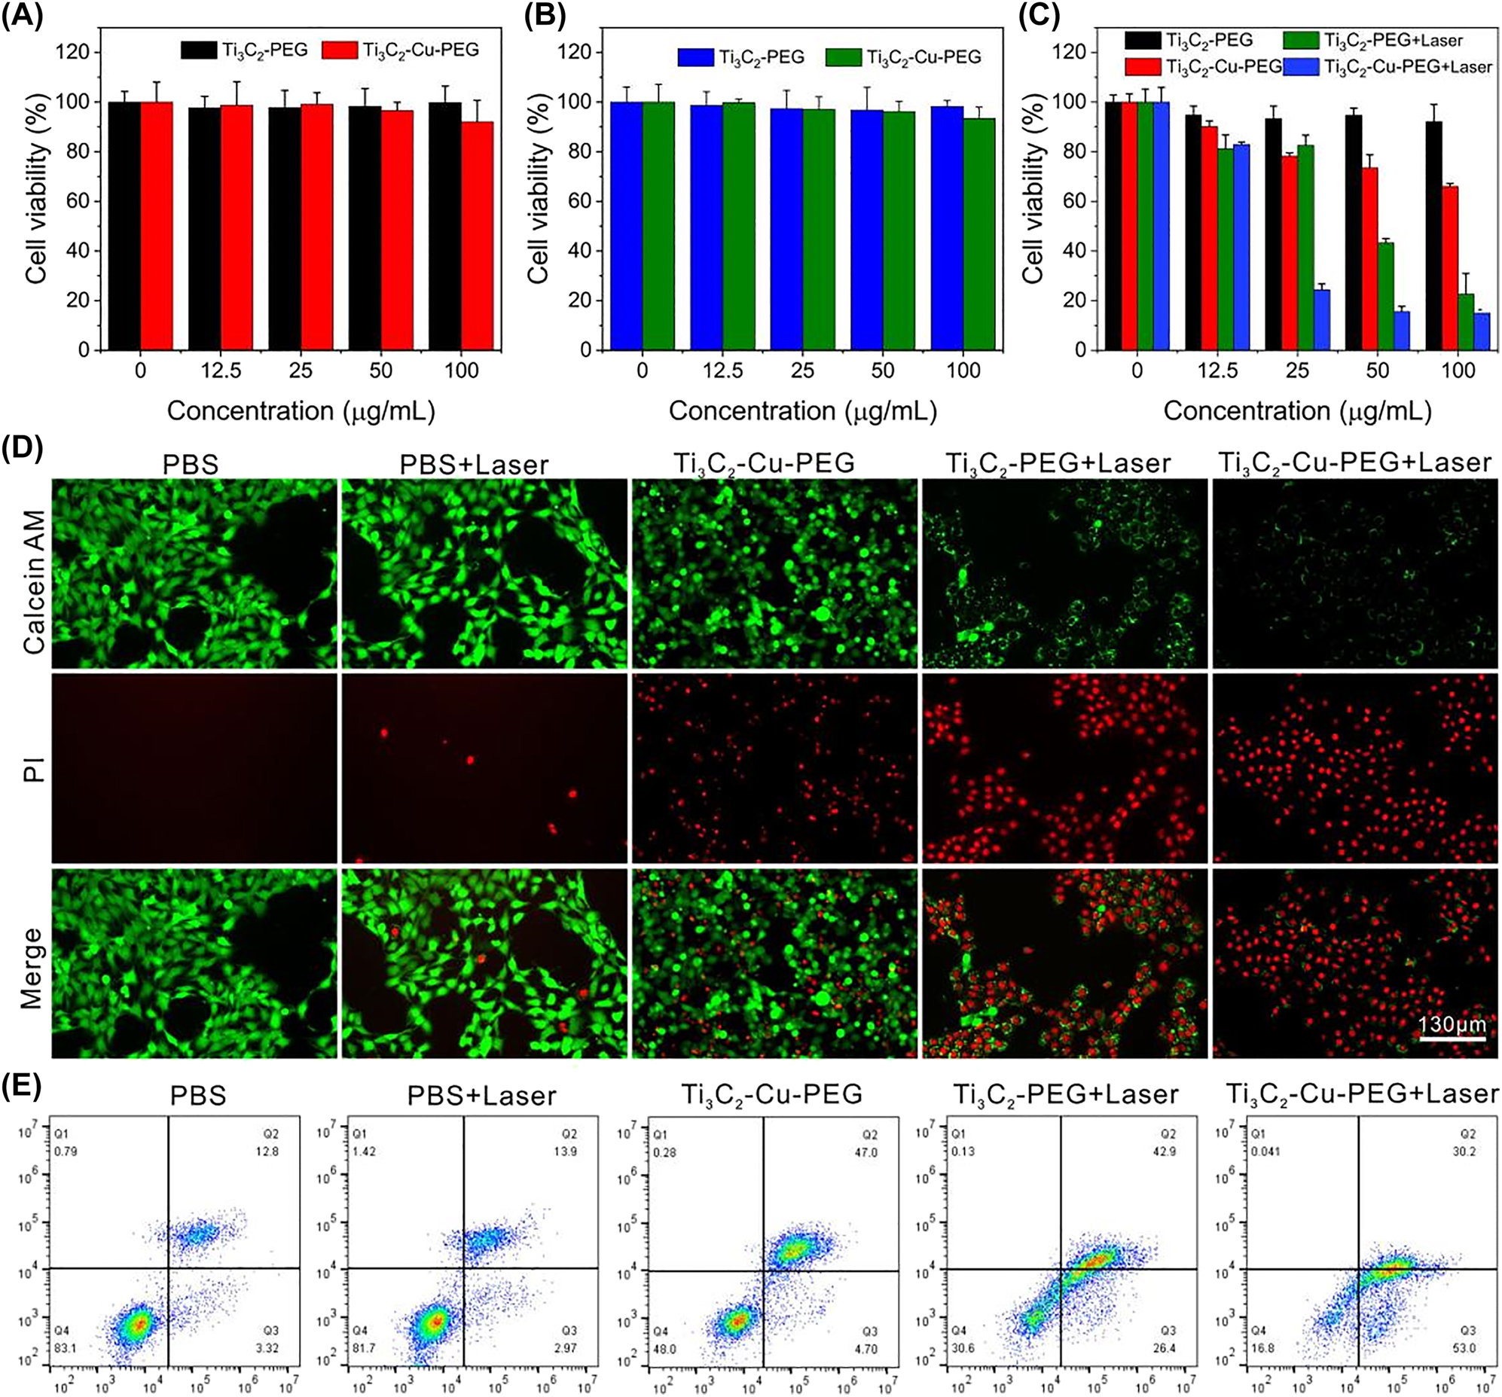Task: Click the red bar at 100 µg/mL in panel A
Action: click(478, 236)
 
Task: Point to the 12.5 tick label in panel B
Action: click(723, 371)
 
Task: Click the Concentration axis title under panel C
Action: click(1297, 411)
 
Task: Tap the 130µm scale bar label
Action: click(1452, 1025)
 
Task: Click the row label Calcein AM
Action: click(35, 572)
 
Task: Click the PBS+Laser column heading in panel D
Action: click(474, 464)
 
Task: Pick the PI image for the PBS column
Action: click(194, 767)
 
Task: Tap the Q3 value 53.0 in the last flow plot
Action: click(1467, 1348)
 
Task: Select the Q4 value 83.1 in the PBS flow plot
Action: click(65, 1348)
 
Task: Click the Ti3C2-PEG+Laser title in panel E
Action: click(1065, 1095)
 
